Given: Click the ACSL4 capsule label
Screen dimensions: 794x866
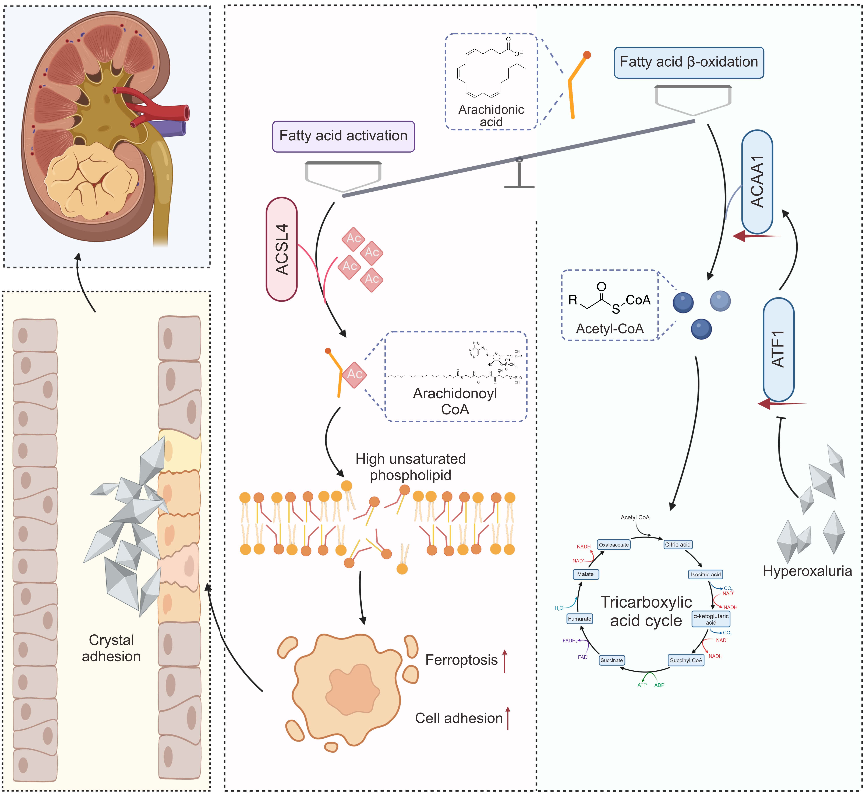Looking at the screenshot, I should (282, 249).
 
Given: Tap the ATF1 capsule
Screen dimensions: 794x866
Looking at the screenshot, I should (778, 349).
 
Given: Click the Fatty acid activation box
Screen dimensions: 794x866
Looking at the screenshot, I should (343, 136).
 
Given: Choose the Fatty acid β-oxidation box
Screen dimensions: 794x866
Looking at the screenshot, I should (689, 62).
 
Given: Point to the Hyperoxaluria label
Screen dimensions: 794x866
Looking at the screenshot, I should (807, 571).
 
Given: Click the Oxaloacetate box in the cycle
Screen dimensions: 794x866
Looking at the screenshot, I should (614, 545).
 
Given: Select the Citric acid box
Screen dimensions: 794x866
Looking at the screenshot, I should (678, 545).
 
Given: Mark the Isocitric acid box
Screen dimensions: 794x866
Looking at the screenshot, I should (706, 574).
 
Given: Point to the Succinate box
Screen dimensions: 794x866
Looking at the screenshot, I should (611, 660).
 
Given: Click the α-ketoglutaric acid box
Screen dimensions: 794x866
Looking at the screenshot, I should (711, 619).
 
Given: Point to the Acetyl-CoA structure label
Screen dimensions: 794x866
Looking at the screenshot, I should (610, 329).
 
